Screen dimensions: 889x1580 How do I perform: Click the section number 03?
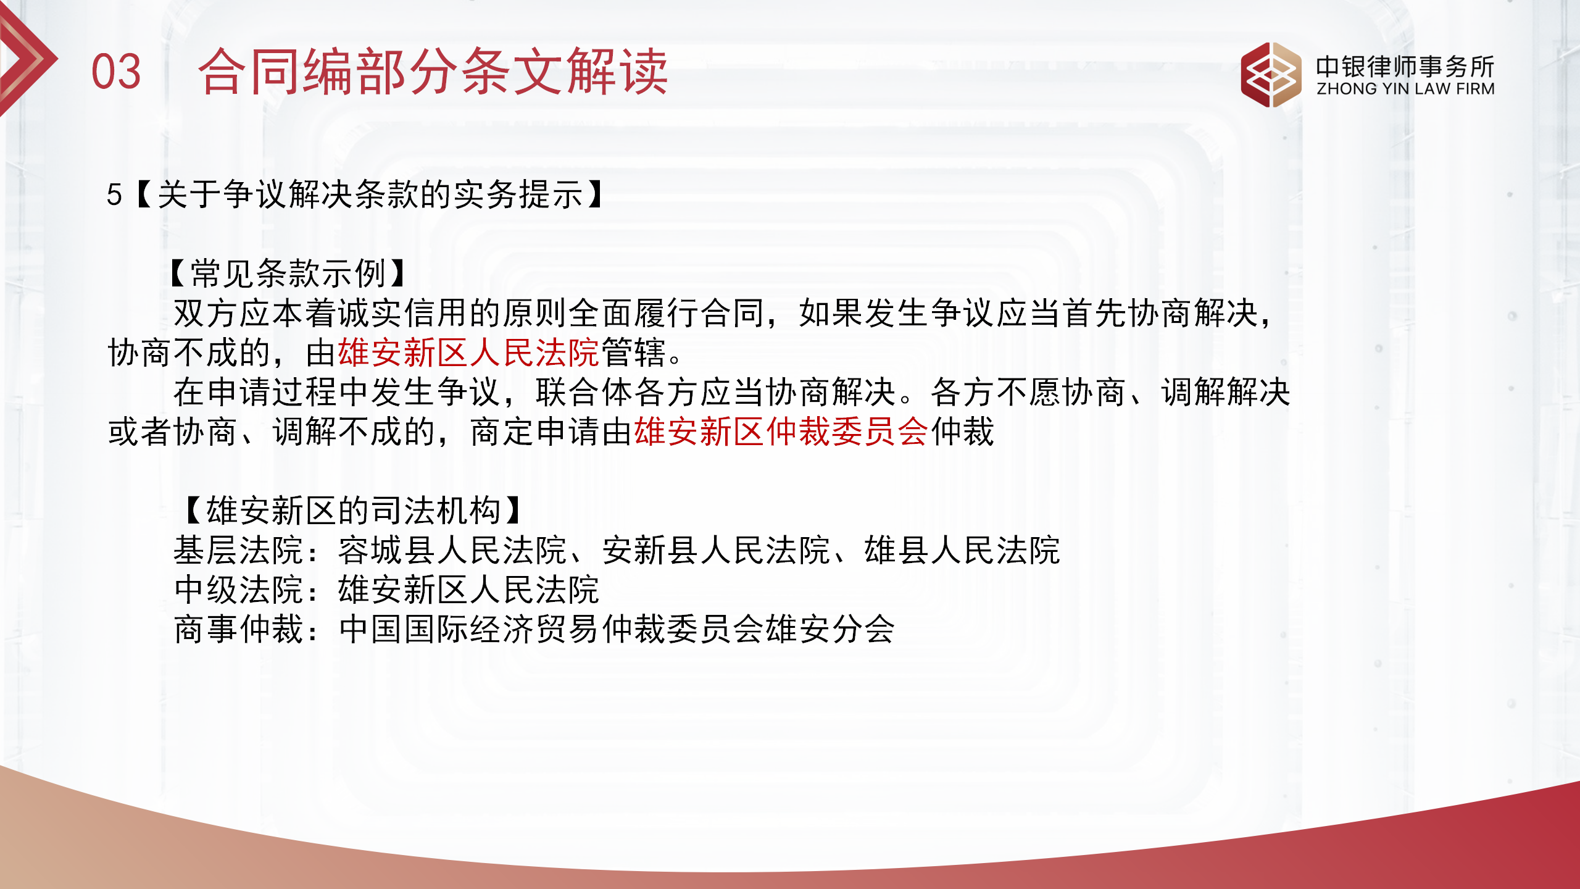(x=116, y=72)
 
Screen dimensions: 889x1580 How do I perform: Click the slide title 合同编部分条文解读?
(x=433, y=72)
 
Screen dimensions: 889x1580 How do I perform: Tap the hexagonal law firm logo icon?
(x=1271, y=75)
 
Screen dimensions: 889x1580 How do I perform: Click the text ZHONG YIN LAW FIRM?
(x=1405, y=90)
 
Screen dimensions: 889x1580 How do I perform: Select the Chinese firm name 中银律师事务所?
(x=1405, y=66)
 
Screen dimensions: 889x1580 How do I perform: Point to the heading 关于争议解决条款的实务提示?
(x=370, y=195)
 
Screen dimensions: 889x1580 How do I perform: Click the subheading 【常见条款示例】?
(x=288, y=273)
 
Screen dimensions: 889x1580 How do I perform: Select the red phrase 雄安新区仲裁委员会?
(x=781, y=432)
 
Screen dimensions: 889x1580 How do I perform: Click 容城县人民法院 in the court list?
(x=452, y=550)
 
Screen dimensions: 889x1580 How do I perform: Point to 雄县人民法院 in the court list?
(x=962, y=550)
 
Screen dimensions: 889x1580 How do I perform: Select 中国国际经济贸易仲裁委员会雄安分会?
(x=617, y=629)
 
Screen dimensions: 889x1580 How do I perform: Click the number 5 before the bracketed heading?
(x=114, y=195)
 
